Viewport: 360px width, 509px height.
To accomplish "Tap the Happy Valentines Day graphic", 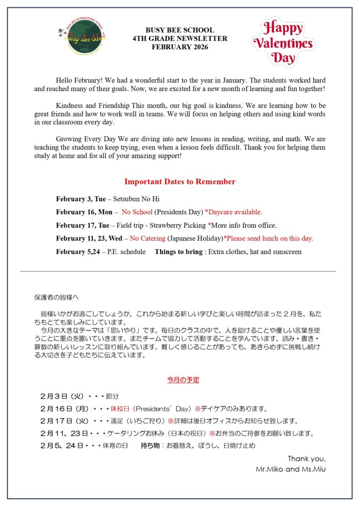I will coord(283,42).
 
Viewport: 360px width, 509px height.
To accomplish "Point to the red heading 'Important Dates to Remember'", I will coord(180,181).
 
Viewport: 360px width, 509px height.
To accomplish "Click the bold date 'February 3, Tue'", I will coord(81,199).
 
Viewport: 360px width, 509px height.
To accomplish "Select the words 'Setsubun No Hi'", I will coord(136,199).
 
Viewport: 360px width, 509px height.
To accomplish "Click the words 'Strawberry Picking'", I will coord(178,225).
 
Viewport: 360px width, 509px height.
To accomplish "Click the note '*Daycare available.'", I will coord(233,212).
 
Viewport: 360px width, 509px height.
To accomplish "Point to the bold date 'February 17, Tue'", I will coord(83,225).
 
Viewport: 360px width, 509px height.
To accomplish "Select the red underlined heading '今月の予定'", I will coord(183,380).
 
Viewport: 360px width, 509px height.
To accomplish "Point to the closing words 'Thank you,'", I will coord(306,458).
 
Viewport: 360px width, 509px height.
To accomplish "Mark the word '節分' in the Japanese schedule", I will coord(112,397).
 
